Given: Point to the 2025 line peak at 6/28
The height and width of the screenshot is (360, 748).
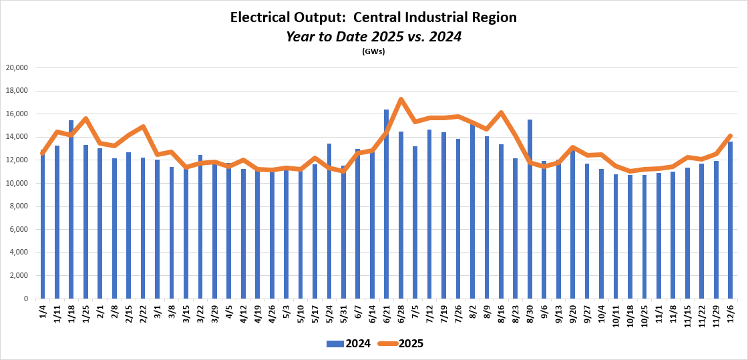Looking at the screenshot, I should coord(400,100).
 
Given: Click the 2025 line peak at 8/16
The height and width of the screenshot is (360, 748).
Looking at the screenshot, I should coord(501,113).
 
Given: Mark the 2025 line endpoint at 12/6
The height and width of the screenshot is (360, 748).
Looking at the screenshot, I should coord(730,136).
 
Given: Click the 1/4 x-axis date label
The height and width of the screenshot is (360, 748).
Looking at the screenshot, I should coord(43,312).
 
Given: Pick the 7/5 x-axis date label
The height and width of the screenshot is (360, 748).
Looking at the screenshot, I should coord(415,312).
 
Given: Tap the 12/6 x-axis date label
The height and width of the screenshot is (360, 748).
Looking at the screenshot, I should coord(730,313).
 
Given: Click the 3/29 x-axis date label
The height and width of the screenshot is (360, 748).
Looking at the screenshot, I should coord(214,314).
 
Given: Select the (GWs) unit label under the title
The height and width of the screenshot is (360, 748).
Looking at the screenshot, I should coord(373,51).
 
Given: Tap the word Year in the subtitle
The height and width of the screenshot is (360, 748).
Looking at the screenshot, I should coord(301,37).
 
